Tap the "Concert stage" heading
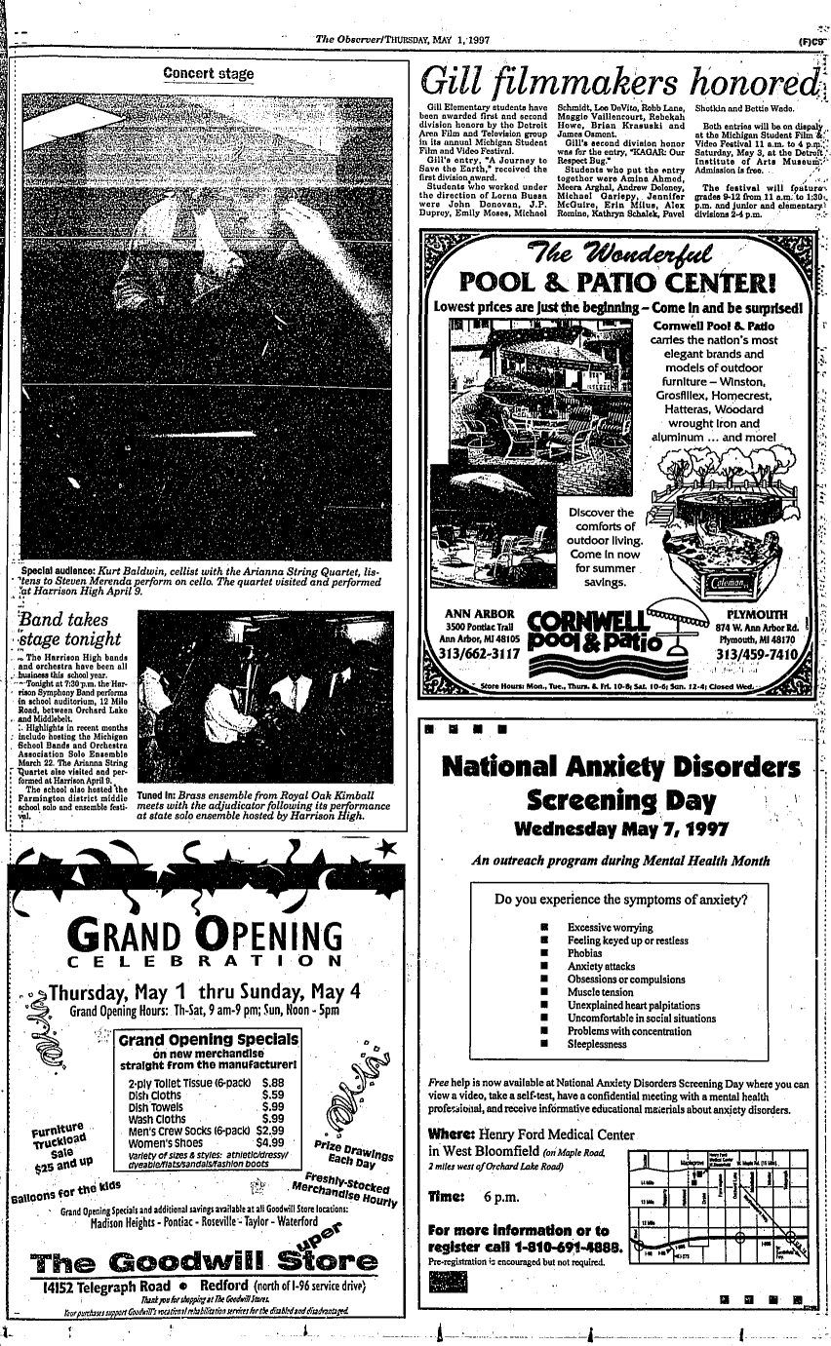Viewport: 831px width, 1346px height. point(208,73)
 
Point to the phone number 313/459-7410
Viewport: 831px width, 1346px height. point(755,655)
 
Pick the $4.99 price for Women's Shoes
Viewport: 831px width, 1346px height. point(269,1143)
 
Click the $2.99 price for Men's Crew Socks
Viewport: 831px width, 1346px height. point(269,1131)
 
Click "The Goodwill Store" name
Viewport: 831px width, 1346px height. point(204,1264)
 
